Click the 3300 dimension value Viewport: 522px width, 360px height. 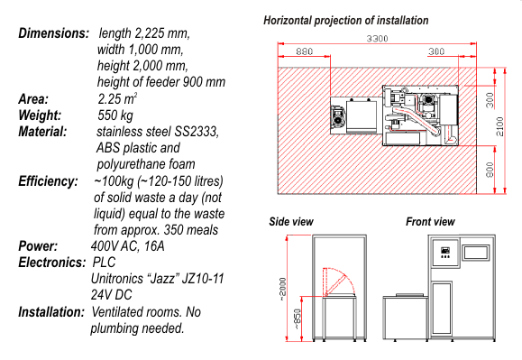coord(377,39)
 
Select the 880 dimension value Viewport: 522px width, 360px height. coord(305,51)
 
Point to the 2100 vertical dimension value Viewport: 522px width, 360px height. coord(500,126)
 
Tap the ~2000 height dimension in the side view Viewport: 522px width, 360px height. coord(282,289)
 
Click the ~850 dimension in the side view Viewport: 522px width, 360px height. coord(298,319)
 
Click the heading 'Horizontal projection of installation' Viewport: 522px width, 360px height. coord(346,21)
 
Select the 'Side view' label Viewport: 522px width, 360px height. coord(291,222)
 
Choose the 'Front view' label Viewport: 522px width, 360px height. coord(430,222)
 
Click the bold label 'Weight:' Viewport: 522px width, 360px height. coord(40,115)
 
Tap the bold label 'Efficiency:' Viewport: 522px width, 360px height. coord(49,181)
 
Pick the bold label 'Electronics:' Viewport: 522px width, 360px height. coord(52,263)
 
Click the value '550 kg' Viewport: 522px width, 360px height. coord(115,115)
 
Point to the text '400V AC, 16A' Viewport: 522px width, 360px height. coord(127,246)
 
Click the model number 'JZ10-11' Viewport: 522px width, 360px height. coord(203,279)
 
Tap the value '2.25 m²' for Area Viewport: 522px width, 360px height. coord(117,98)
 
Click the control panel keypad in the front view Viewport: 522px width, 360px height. coord(445,253)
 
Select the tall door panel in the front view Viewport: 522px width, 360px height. coord(442,309)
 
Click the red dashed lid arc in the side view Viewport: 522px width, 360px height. coord(343,276)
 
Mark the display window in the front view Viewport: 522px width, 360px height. coord(476,252)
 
